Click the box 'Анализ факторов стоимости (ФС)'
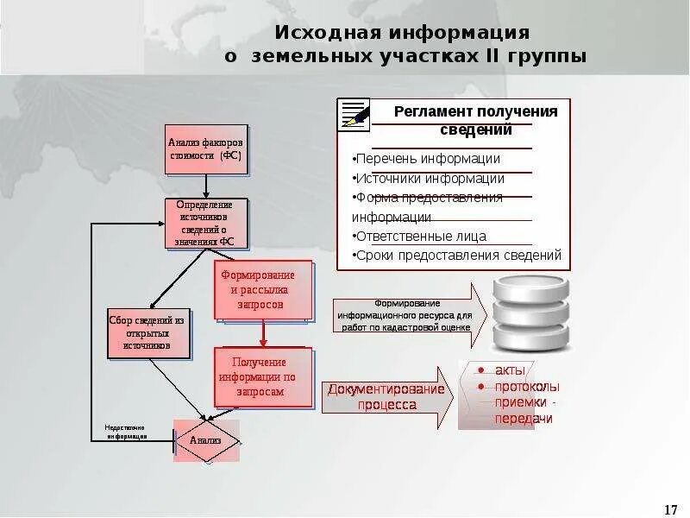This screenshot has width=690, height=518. click(206, 149)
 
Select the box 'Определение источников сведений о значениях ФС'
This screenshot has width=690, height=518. click(206, 224)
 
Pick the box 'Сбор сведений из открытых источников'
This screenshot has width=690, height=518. click(147, 333)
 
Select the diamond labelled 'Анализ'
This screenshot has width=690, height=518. click(205, 440)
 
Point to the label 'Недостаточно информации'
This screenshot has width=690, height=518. click(126, 432)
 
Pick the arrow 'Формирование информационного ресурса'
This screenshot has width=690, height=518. click(409, 315)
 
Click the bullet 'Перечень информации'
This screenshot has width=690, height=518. click(426, 159)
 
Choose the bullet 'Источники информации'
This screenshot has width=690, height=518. click(429, 179)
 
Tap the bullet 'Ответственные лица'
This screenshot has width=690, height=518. click(420, 236)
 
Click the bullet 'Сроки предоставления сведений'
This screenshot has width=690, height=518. click(457, 256)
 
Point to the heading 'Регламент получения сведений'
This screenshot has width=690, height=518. click(475, 120)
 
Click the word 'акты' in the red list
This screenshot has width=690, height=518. click(510, 370)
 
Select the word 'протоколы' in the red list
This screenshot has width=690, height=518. click(526, 387)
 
